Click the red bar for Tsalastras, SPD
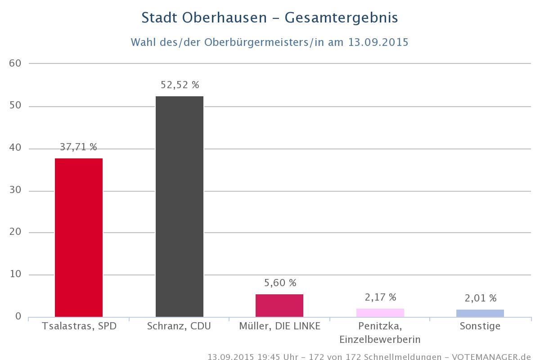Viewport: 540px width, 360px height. coord(79,238)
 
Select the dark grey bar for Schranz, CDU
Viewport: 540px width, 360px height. coord(180,207)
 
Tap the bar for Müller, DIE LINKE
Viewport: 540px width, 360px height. coord(279,306)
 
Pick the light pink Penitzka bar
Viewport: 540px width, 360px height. coord(380,313)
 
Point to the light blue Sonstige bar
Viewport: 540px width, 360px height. coord(480,313)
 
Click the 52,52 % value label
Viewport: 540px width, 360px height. coord(180,85)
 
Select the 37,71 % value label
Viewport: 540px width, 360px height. coord(79,147)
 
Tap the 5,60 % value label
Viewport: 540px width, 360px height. coord(279,283)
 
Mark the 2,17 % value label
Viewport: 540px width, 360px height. coord(380,297)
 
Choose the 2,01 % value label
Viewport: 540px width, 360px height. coord(480,298)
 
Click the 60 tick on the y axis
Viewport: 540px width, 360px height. coord(15,63)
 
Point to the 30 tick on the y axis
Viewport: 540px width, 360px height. coord(15,191)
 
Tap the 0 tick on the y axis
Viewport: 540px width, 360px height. coord(18,317)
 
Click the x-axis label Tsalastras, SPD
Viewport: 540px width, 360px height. coord(79,326)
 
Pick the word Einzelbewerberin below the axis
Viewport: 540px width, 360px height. coord(380,339)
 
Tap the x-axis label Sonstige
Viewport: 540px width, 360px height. coord(480,326)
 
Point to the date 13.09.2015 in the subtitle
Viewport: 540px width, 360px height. coord(378,42)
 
